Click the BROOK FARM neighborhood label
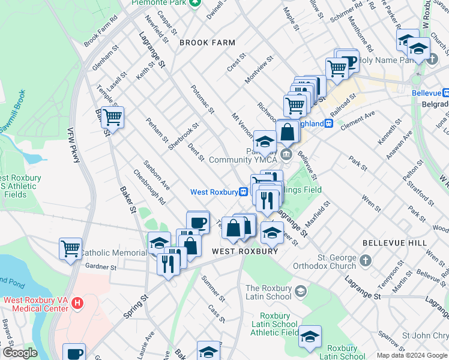206,43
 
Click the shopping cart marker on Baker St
112,118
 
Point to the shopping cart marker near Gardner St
71,248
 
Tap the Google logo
20,353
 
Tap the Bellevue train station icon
445,93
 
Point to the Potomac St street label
202,98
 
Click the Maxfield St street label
318,212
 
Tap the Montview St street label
259,70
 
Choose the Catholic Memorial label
113,253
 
